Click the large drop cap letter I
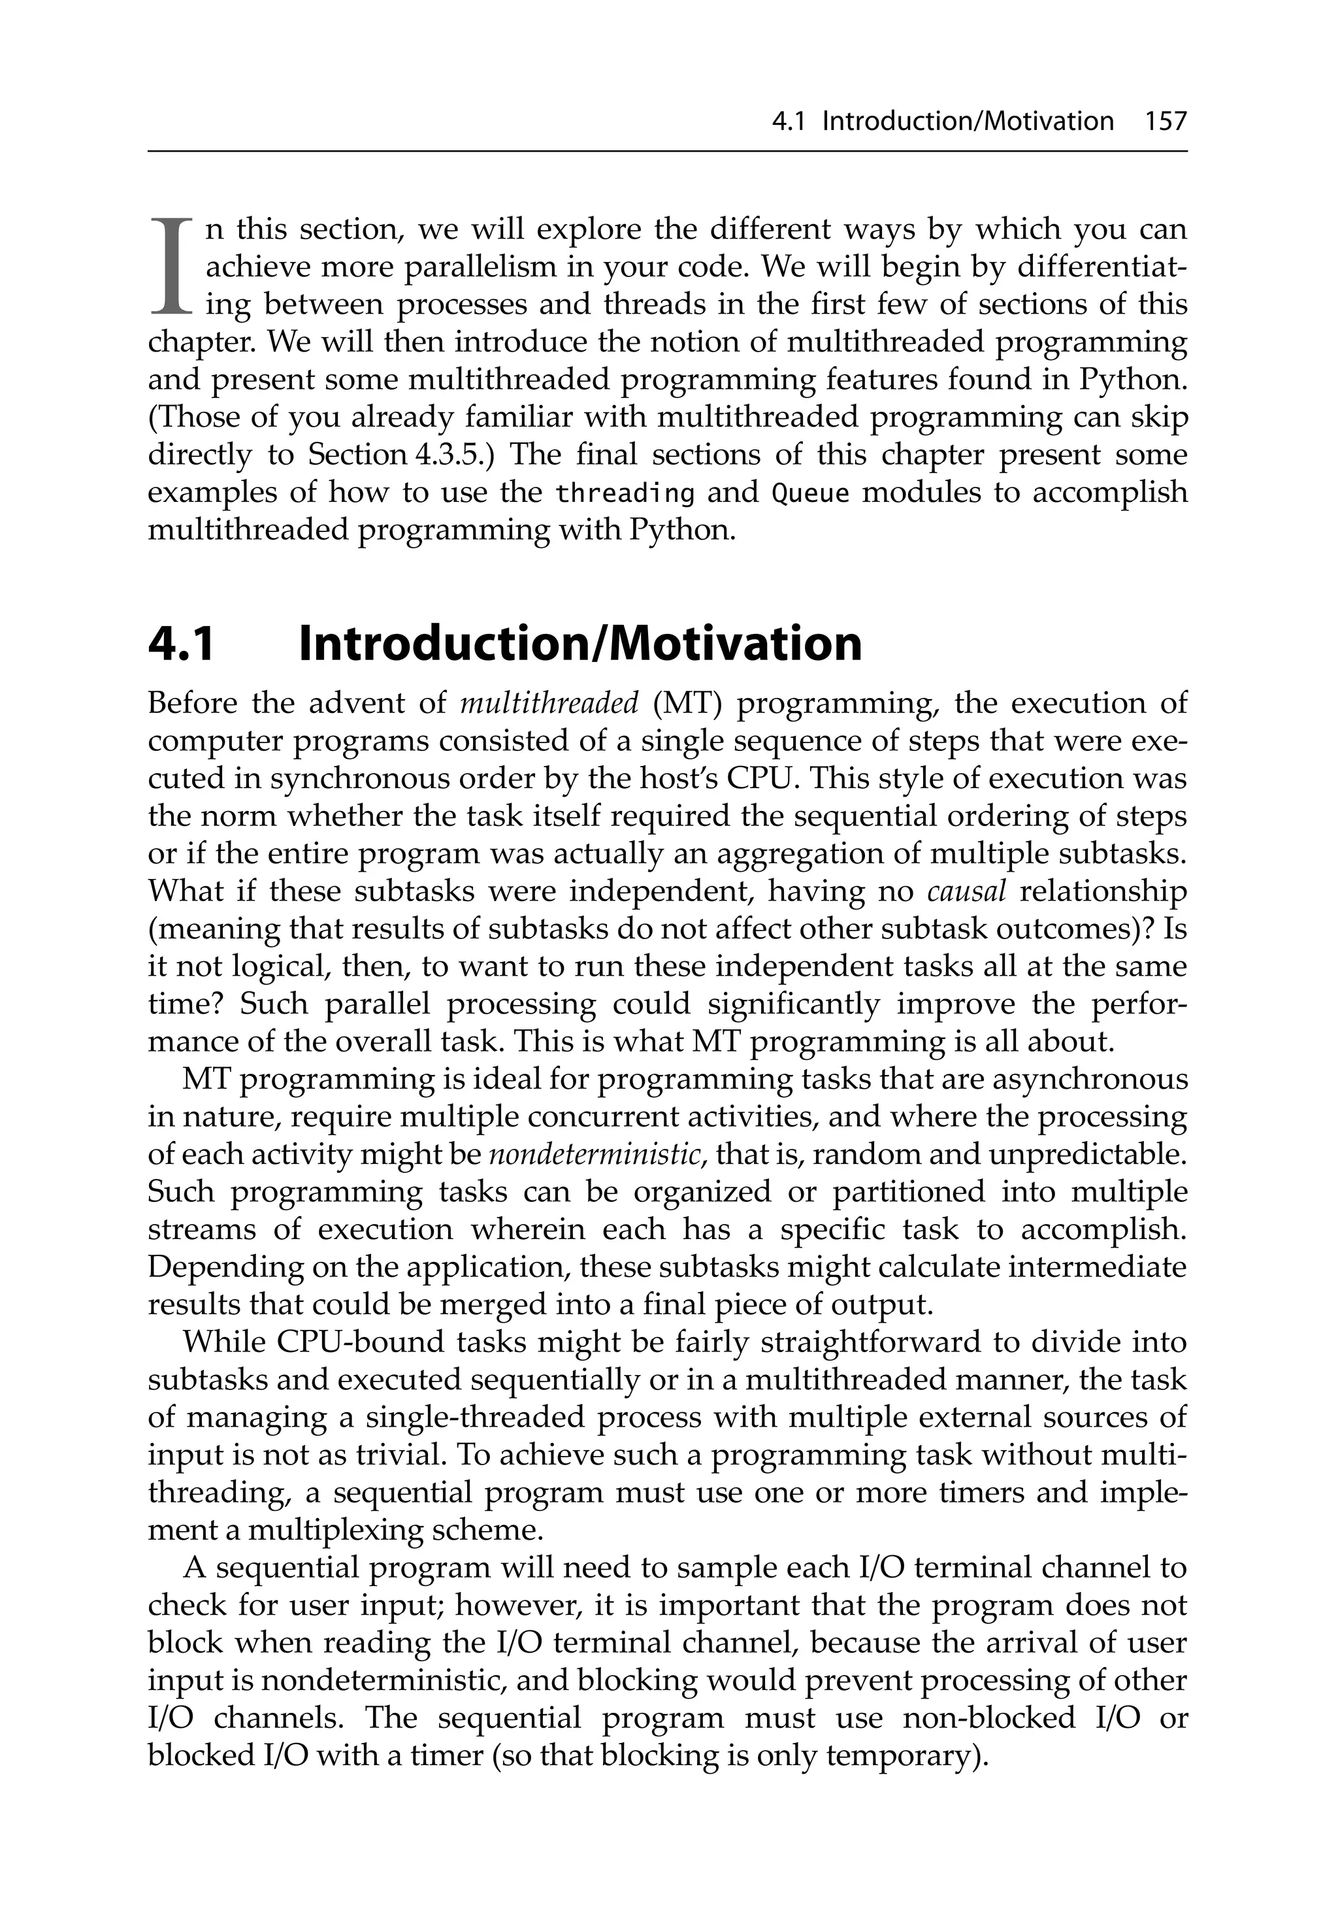click(x=171, y=267)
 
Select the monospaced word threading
click(x=625, y=493)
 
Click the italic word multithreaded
click(x=549, y=703)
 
